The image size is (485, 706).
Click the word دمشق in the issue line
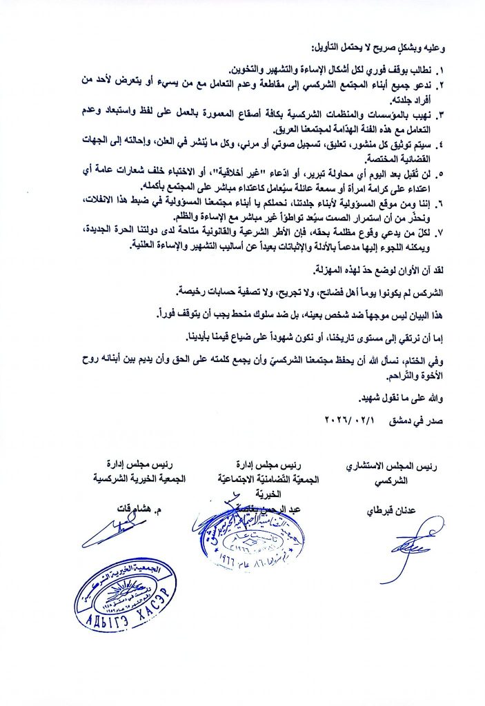click(x=402, y=418)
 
